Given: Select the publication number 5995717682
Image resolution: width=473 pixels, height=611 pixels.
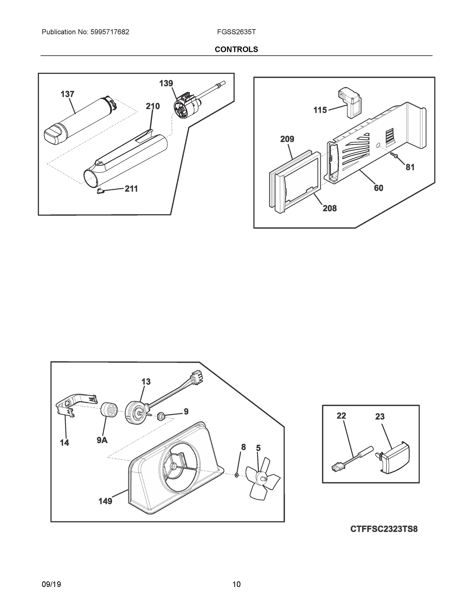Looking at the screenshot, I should point(110,32).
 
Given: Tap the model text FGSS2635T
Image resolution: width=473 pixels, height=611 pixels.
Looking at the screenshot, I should point(236,32).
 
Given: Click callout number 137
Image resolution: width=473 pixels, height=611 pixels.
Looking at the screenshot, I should point(67,94).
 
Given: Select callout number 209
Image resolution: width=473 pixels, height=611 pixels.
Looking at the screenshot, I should point(287,139).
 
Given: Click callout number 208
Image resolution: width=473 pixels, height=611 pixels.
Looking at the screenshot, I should point(329,208).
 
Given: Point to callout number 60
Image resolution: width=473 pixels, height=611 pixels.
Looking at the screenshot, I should point(378,188).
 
